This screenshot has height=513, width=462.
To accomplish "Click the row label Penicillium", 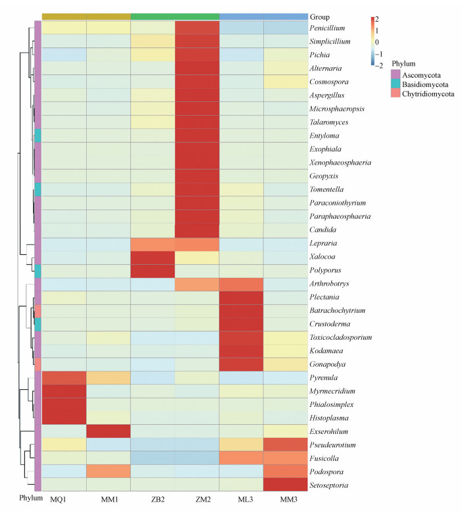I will coord(329,28).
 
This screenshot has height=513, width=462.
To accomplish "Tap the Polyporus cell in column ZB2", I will coord(153,271).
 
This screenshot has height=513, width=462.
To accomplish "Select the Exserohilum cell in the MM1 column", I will coord(109,433).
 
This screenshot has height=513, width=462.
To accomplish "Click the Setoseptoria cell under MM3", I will coord(285,487).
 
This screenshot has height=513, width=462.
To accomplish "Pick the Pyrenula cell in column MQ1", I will coord(64,379).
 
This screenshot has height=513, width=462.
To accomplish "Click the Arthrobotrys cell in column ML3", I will coord(241,284).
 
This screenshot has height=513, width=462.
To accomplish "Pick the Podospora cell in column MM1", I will coord(109,473).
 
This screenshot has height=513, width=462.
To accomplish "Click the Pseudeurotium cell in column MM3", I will coord(285,446).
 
